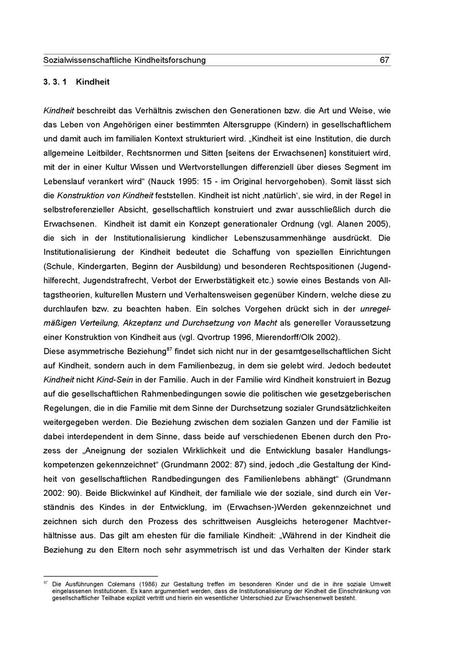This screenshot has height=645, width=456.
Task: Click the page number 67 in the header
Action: click(384, 60)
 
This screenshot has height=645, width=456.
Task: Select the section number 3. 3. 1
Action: click(55, 83)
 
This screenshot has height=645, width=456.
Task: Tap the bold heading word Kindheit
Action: click(93, 83)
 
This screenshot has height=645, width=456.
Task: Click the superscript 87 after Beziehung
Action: click(169, 349)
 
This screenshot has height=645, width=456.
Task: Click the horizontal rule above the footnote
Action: click(100, 576)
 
